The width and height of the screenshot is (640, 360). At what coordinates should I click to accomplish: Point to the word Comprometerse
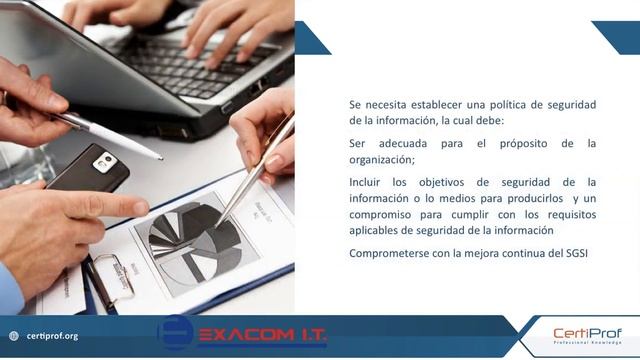tap(387, 253)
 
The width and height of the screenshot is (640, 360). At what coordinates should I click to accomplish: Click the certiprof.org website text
tap(52, 336)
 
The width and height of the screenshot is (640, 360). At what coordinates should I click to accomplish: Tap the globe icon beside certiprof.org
tap(14, 336)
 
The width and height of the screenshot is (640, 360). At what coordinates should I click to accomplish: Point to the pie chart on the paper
tap(196, 239)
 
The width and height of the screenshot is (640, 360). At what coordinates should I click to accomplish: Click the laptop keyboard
tap(190, 60)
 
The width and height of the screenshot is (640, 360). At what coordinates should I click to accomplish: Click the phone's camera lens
tap(105, 160)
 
